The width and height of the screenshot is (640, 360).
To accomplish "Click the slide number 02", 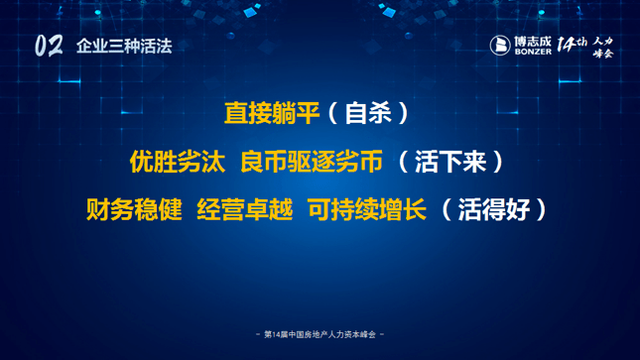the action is point(49,46).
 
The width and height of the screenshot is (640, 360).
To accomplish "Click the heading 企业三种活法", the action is point(124,47).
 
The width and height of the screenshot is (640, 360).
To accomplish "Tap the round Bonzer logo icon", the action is point(500,45).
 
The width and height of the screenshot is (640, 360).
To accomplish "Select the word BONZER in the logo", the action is point(533,52).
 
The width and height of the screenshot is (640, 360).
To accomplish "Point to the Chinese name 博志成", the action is point(533,42).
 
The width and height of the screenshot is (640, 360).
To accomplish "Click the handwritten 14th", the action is point(573,44).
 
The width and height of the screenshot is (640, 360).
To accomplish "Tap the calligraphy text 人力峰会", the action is point(603,47).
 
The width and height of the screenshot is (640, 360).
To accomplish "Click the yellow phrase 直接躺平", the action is point(272,113).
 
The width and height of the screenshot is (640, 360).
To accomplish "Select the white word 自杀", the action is point(368,113).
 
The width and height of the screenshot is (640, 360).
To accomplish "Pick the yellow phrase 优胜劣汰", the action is point(178,162).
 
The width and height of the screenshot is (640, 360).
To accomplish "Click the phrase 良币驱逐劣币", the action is point(312,162).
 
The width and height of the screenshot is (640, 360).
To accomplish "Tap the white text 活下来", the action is point(450,162).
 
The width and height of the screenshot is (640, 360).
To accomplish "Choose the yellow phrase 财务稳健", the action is point(134,210).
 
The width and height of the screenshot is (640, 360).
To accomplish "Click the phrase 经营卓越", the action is point(245,210).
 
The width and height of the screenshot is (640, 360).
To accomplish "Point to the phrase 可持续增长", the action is point(367,210).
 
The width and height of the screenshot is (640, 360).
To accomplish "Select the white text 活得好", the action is point(494,210).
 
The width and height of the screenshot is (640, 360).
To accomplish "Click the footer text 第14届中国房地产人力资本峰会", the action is point(320,334).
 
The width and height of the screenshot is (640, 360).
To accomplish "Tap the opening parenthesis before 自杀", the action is point(332,113).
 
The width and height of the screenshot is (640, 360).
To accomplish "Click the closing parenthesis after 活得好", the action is point(542,210).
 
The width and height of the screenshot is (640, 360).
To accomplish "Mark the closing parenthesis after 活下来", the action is point(498,162).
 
